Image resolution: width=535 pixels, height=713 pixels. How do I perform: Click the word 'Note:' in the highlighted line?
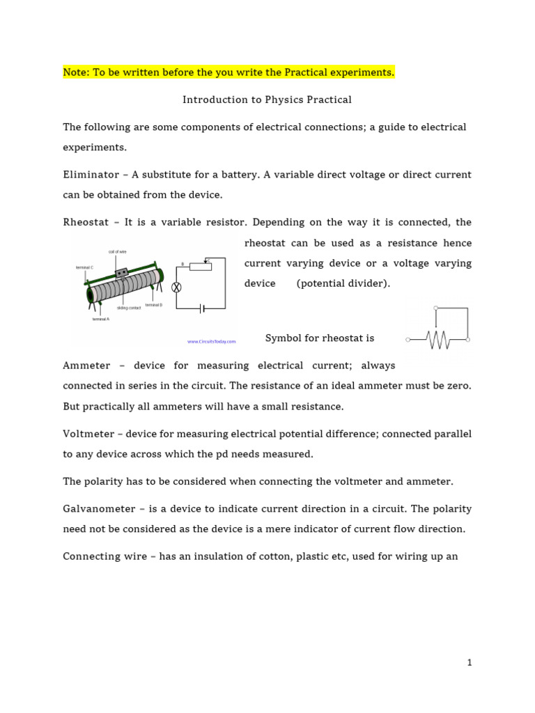click(x=75, y=72)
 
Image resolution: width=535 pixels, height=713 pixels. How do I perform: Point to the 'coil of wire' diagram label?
click(x=117, y=252)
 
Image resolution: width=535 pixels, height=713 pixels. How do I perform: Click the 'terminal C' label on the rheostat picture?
click(x=84, y=267)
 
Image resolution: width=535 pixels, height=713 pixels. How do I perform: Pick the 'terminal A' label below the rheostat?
click(x=100, y=319)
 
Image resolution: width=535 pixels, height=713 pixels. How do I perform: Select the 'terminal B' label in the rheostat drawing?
click(x=154, y=305)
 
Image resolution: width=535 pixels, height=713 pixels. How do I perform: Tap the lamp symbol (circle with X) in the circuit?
click(x=176, y=287)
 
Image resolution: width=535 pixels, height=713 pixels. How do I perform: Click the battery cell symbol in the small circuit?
click(x=202, y=308)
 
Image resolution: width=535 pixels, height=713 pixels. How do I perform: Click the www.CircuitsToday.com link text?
click(x=211, y=341)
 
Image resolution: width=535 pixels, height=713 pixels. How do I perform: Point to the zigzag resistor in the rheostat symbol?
click(x=438, y=340)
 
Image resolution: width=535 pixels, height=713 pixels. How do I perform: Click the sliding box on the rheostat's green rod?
click(x=121, y=274)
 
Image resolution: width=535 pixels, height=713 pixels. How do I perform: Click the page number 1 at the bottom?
click(x=470, y=663)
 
